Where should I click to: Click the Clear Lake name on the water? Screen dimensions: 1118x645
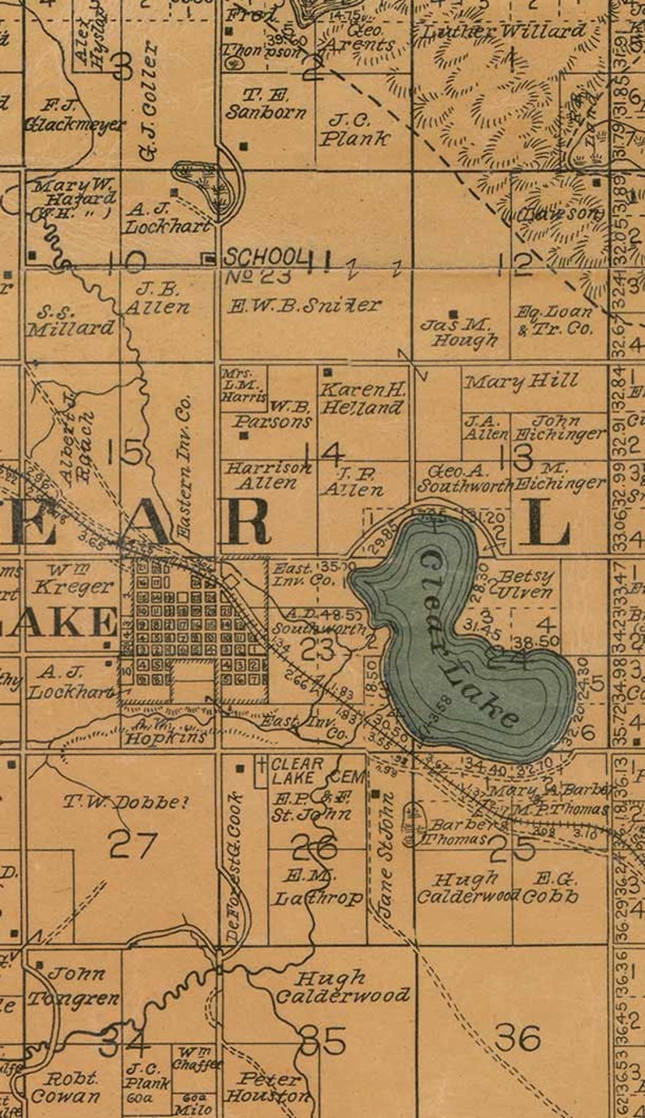click(470, 638)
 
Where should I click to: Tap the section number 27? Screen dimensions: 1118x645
click(132, 845)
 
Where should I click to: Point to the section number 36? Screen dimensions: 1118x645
click(517, 1037)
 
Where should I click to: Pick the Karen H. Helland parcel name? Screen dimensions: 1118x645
click(361, 399)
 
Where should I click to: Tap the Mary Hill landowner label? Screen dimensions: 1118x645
click(521, 380)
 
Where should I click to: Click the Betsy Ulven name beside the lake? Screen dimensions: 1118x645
click(526, 583)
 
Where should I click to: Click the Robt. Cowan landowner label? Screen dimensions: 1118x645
click(65, 1087)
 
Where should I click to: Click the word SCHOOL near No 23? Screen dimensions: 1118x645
click(266, 257)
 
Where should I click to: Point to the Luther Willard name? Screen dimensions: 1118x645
click(501, 32)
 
